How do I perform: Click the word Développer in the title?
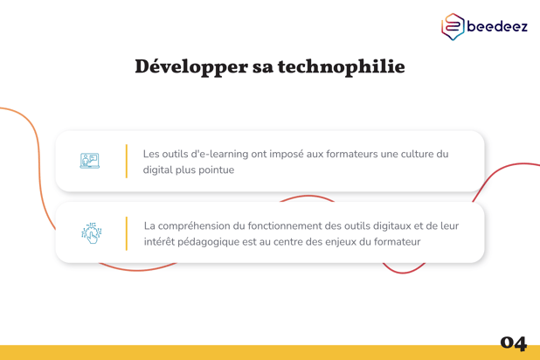click(x=191, y=66)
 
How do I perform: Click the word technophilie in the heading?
click(x=342, y=66)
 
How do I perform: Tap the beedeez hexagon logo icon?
click(x=453, y=26)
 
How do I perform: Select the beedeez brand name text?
click(x=497, y=26)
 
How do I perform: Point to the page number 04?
click(x=514, y=343)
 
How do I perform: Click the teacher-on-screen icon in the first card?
click(x=90, y=161)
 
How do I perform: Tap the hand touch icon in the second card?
click(x=91, y=233)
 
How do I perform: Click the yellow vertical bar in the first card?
click(x=127, y=162)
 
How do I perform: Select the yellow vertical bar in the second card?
click(x=127, y=233)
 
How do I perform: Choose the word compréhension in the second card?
click(x=194, y=226)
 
